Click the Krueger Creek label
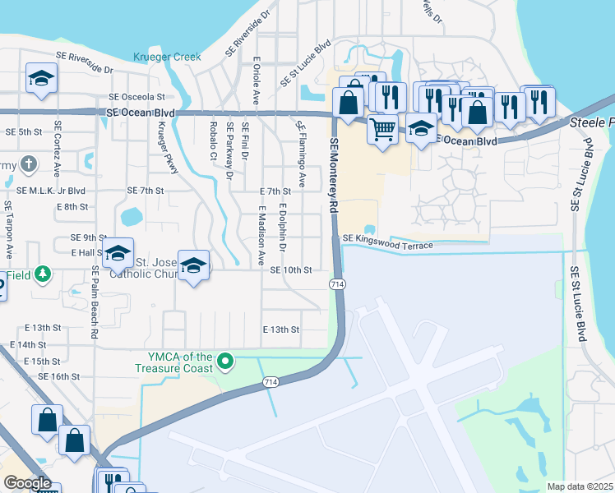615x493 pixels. click(x=167, y=57)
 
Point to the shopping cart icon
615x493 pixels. click(x=382, y=129)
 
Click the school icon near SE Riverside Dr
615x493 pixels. click(x=40, y=78)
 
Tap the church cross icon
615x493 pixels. click(x=29, y=163)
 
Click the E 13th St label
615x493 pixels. click(x=280, y=329)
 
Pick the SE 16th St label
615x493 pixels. click(x=58, y=376)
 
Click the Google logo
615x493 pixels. click(x=27, y=483)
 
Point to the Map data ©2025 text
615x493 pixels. click(x=580, y=486)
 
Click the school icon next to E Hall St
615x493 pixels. click(x=118, y=253)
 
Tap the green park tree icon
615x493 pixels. click(x=41, y=274)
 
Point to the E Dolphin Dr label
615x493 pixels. click(x=281, y=223)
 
